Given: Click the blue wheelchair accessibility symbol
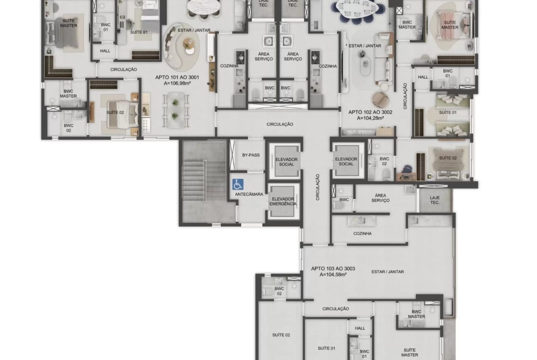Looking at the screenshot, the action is (x=238, y=184).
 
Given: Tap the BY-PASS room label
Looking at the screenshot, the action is (x=251, y=155).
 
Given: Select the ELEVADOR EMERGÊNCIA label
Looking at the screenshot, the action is (x=283, y=201).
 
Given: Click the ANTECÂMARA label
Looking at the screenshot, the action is (x=249, y=194).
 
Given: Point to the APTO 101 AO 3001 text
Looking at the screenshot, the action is (x=177, y=78).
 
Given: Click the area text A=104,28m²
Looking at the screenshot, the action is (x=370, y=118).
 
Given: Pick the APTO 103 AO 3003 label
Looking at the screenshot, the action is (x=333, y=269).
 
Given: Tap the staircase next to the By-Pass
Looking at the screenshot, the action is (x=204, y=181).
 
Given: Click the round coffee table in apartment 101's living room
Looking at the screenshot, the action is (x=188, y=44).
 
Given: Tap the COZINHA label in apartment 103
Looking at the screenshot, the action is (x=362, y=233).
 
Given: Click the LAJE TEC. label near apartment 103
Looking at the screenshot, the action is (x=435, y=200).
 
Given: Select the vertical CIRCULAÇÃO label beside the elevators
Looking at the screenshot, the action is (x=318, y=187).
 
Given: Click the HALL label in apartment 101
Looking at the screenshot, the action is (x=105, y=51).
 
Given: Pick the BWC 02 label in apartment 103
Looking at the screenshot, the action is (x=279, y=291).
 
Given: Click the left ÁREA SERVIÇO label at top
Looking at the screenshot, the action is (x=264, y=56).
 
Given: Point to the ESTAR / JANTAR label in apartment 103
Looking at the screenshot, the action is (x=388, y=271).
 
